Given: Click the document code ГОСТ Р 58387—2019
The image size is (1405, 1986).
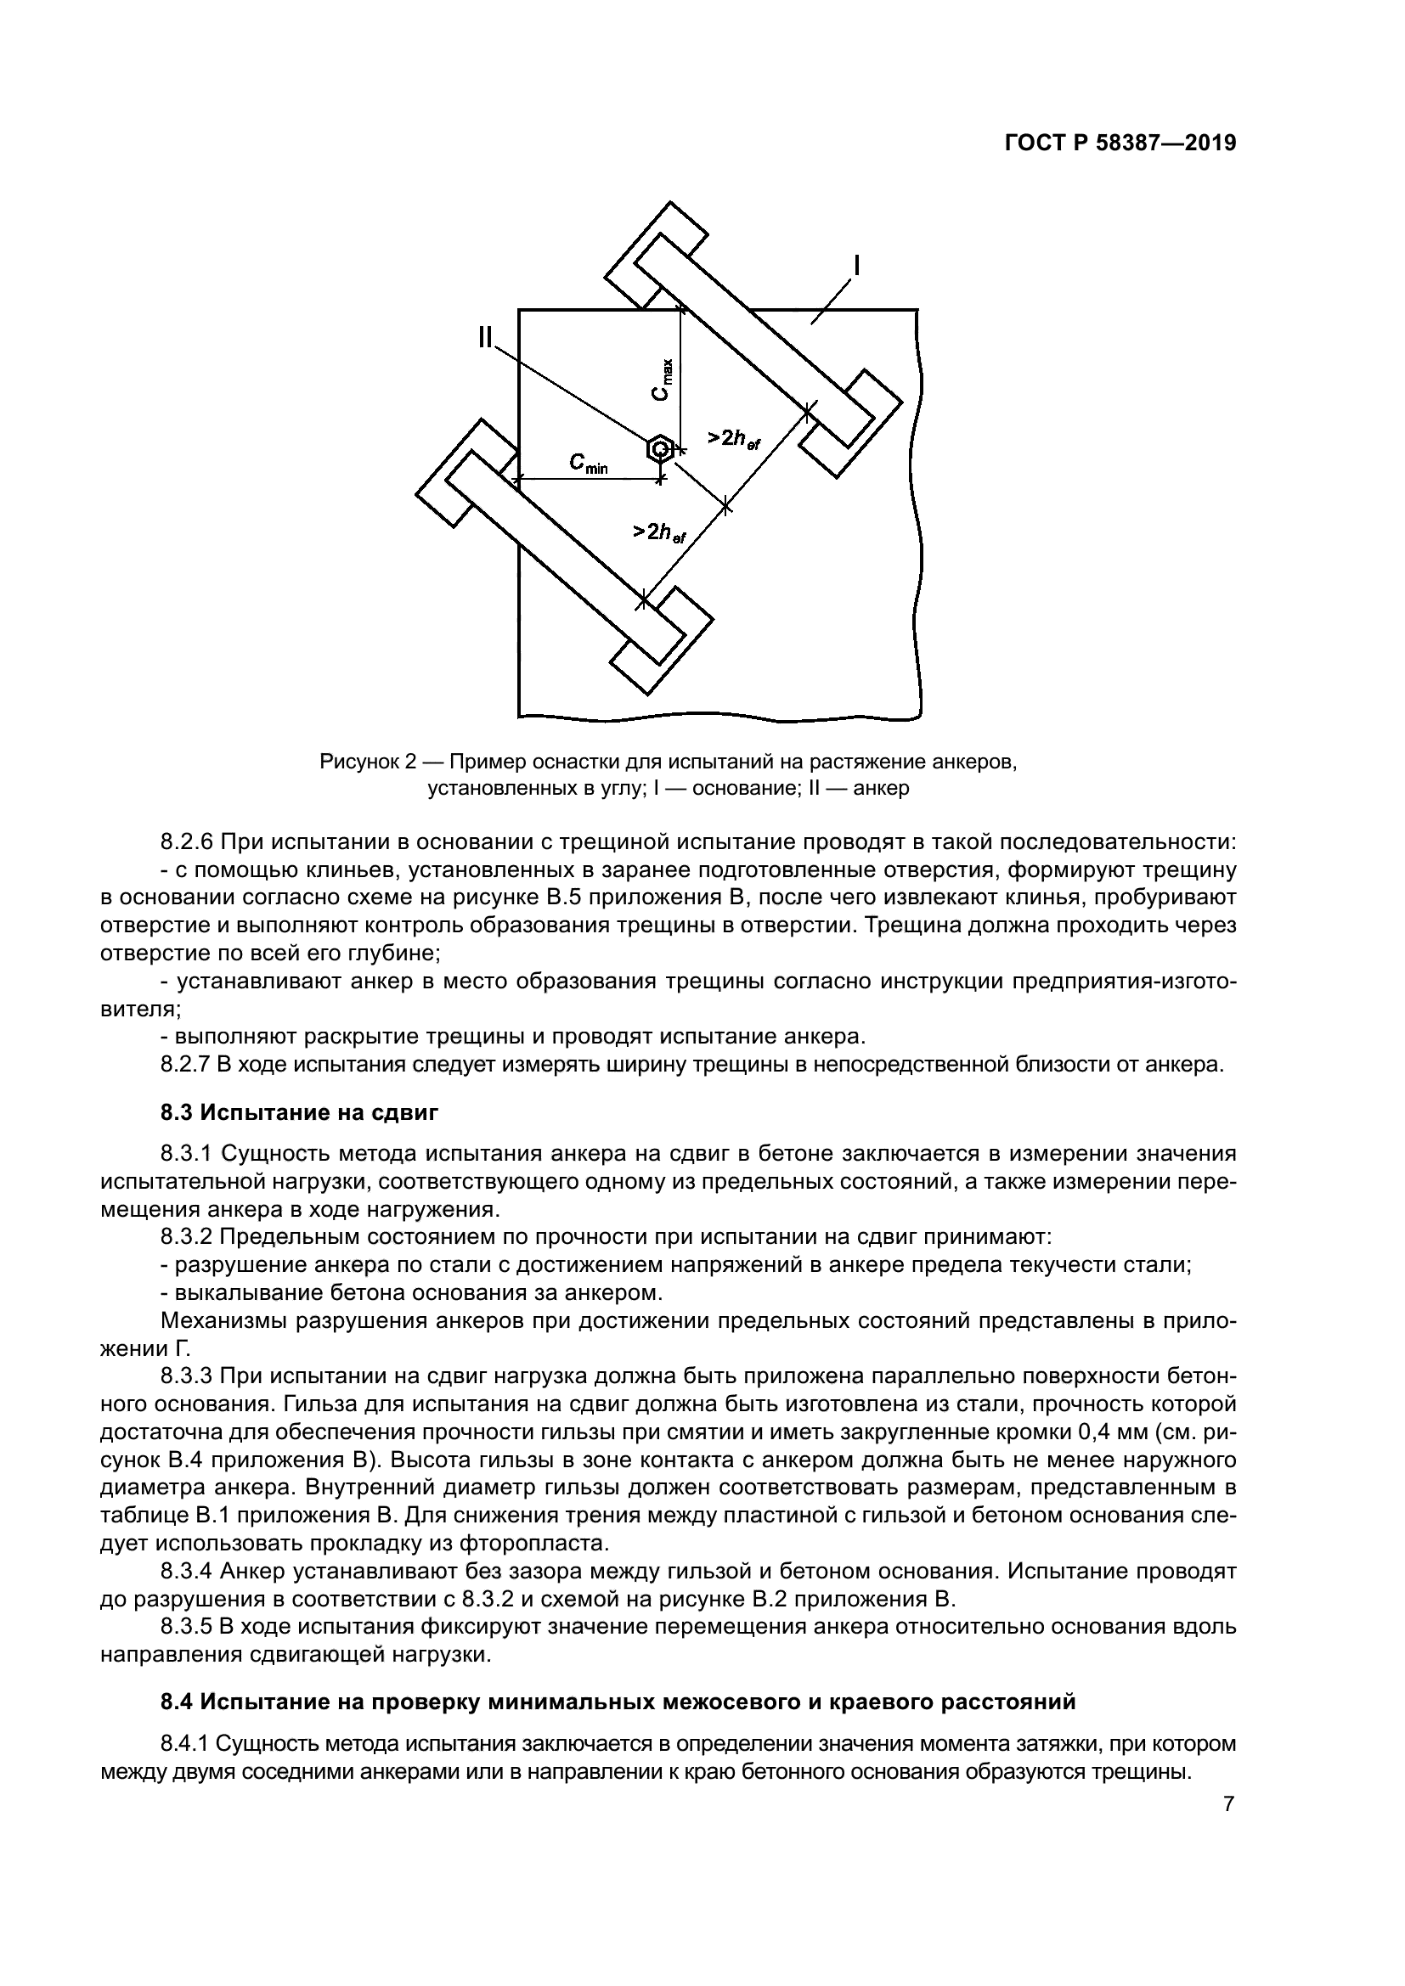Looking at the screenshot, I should tap(1120, 143).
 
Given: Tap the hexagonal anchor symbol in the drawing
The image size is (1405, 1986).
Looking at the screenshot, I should tap(659, 449).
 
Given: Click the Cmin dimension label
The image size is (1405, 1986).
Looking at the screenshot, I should tap(589, 464).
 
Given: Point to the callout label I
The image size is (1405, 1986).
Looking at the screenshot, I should tap(856, 265).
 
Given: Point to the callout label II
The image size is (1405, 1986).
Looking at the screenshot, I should tap(486, 336).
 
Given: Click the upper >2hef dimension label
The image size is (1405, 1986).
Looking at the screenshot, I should tap(733, 440).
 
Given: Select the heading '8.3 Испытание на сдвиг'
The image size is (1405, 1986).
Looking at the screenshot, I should tap(299, 1112).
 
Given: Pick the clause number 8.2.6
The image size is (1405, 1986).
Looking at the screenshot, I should tap(187, 841).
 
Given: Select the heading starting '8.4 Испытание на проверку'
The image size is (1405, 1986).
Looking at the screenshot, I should tap(618, 1702).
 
